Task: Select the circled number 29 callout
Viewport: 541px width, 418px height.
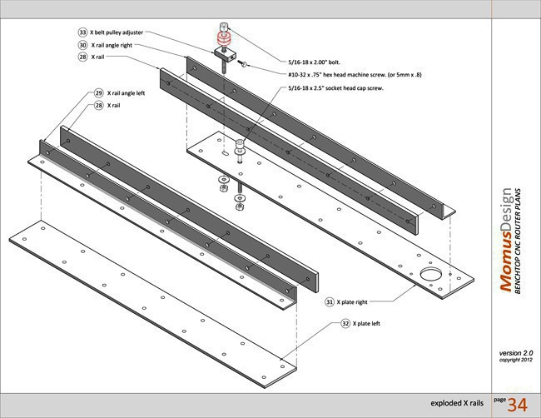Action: point(98,93)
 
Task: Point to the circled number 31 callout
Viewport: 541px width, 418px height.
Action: point(330,302)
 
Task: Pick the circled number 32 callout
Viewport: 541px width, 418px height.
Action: point(345,322)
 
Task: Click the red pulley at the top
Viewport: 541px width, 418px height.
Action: point(223,37)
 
